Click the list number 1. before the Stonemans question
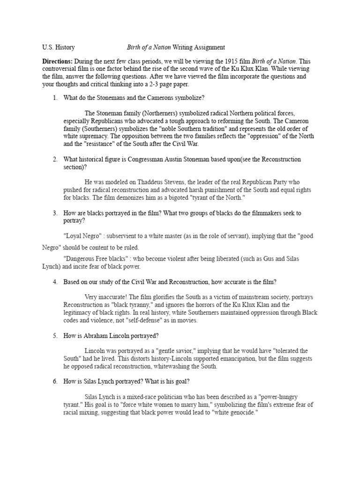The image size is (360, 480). click(x=55, y=98)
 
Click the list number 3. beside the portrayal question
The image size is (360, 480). click(x=55, y=213)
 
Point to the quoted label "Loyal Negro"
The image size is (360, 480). click(x=82, y=236)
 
